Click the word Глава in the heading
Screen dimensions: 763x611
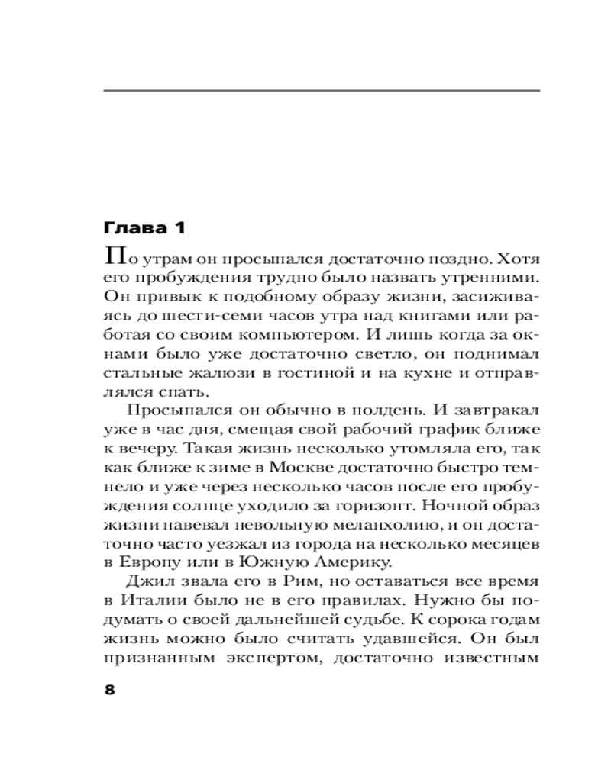[132, 228]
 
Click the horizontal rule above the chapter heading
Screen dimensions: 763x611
[321, 91]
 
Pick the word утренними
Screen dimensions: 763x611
[490, 274]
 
